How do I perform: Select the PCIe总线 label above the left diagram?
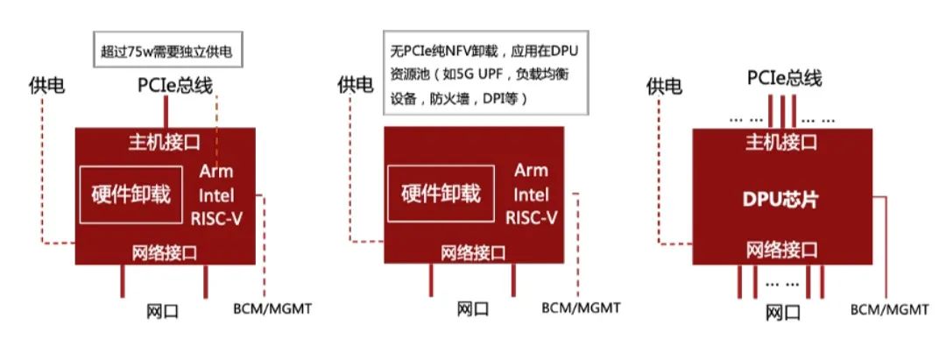(x=174, y=86)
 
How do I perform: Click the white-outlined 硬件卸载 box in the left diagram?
(x=131, y=194)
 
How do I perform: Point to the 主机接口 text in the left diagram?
(x=165, y=140)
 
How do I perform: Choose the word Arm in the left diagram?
(x=215, y=170)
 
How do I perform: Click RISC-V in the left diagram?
(x=215, y=217)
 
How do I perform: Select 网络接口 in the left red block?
(x=164, y=253)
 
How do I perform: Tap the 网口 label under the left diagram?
(x=163, y=311)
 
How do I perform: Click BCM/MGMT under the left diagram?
(x=272, y=308)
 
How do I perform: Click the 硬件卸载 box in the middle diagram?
(x=441, y=194)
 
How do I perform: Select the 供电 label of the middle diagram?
(x=355, y=85)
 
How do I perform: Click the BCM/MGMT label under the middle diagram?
(x=581, y=308)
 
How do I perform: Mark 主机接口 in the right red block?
(x=781, y=142)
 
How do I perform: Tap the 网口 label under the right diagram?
(x=782, y=313)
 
